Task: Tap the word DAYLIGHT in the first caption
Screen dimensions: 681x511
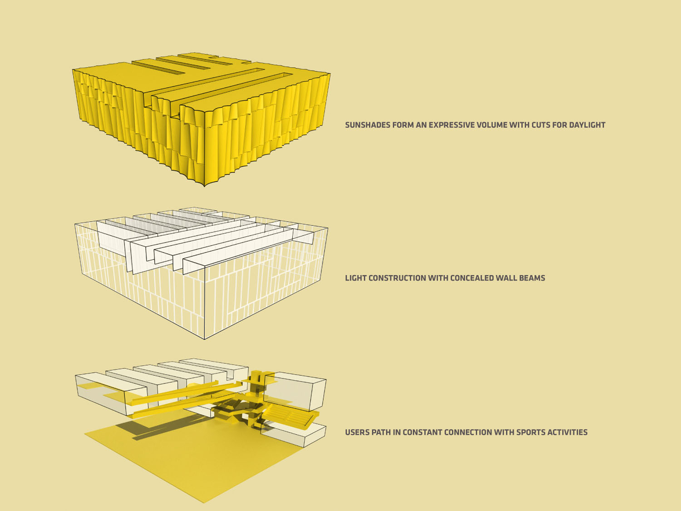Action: coord(587,125)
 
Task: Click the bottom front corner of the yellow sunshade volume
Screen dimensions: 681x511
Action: coord(204,186)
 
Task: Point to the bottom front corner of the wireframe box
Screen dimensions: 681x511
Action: coord(204,339)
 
